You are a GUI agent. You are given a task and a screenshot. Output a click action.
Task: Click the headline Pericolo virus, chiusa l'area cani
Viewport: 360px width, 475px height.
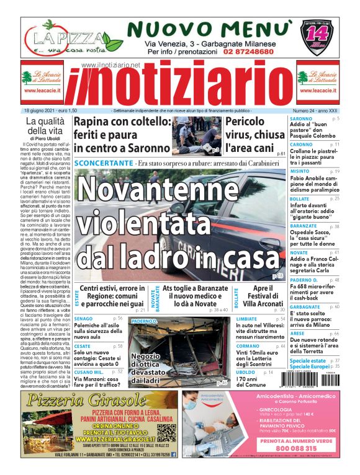254,135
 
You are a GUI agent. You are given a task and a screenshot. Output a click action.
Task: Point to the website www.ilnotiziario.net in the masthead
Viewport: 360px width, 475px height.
111,64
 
